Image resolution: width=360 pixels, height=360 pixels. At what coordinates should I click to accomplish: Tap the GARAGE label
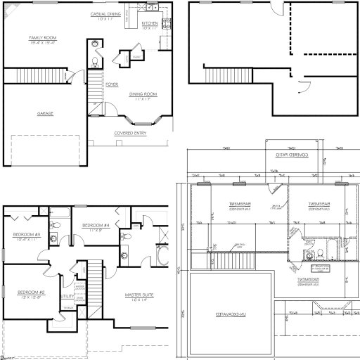coord(46,112)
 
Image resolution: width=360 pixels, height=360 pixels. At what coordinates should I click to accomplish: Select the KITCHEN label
coord(150,23)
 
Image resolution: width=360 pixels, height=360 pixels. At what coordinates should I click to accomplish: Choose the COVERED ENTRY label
coord(130,132)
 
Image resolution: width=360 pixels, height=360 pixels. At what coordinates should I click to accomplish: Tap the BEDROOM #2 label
coord(31,291)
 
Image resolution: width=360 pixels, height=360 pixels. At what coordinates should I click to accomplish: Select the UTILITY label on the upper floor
coord(67,296)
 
